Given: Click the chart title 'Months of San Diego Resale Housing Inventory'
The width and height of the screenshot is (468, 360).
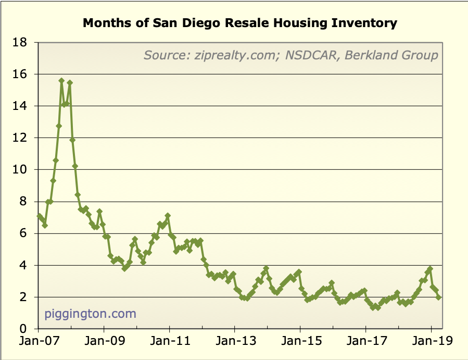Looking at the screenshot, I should click(x=240, y=23).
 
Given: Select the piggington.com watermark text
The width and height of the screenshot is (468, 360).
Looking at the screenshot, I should click(x=90, y=314).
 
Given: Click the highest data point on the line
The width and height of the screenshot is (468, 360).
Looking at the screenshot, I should click(x=61, y=81).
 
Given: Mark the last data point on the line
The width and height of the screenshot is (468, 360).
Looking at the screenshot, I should click(x=439, y=297).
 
